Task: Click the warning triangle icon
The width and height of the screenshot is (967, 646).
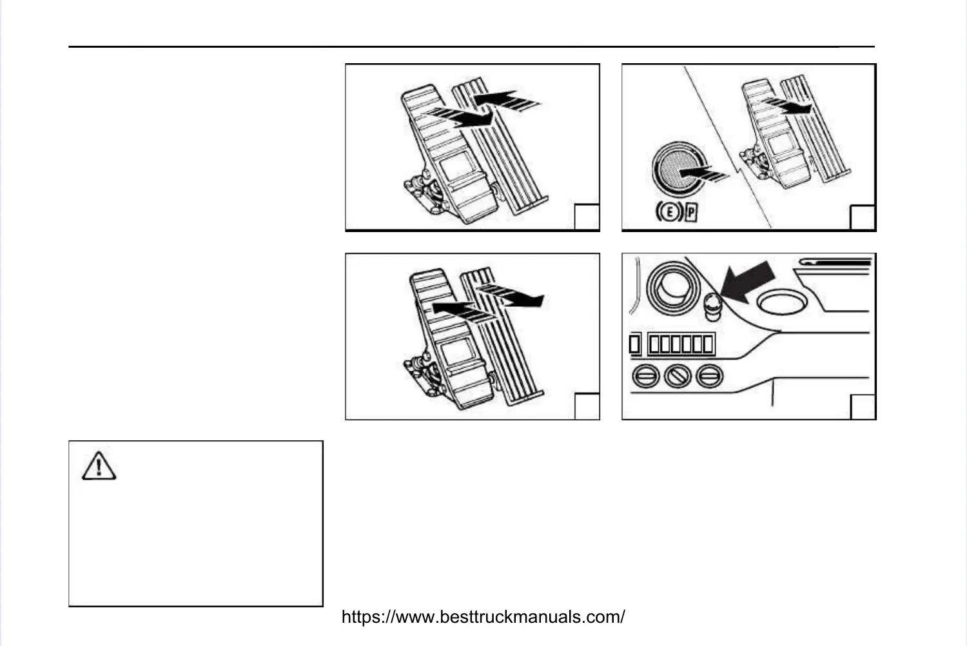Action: click(99, 466)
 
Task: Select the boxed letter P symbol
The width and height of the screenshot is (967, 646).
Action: click(692, 212)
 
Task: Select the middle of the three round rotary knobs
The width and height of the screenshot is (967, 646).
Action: click(678, 375)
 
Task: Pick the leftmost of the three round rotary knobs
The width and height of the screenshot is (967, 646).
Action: click(645, 375)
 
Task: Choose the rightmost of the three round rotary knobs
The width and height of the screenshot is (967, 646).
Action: click(710, 375)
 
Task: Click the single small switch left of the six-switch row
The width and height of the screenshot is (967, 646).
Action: click(635, 344)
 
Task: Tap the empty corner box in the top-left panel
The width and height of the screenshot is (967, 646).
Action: click(587, 217)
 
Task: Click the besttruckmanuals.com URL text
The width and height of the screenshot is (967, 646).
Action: click(483, 617)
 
